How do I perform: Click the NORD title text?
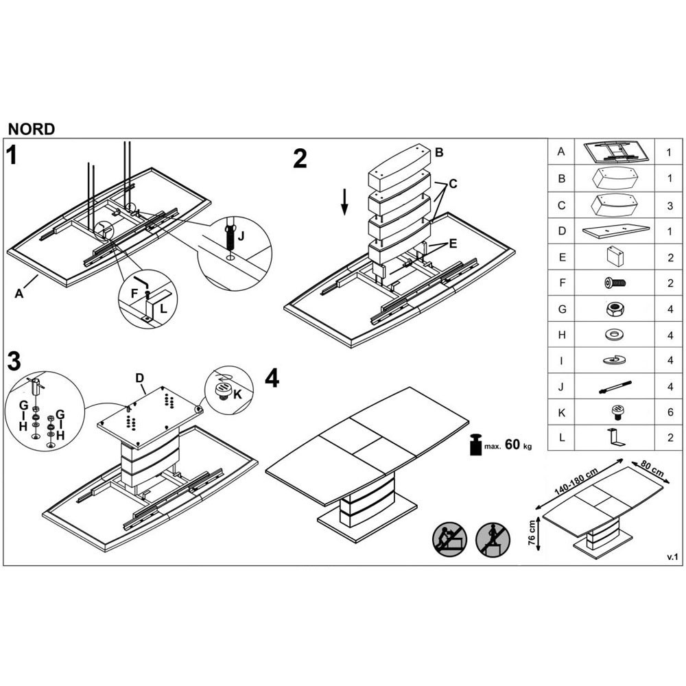pyautogui.click(x=32, y=129)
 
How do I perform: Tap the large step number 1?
pyautogui.click(x=12, y=155)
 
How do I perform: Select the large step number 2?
pyautogui.click(x=300, y=159)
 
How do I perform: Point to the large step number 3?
pyautogui.click(x=14, y=362)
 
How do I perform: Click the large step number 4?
pyautogui.click(x=272, y=378)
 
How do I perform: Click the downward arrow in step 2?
pyautogui.click(x=345, y=202)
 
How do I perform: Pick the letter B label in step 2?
pyautogui.click(x=439, y=152)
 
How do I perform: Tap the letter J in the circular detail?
pyautogui.click(x=241, y=236)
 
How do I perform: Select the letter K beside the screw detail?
pyautogui.click(x=237, y=394)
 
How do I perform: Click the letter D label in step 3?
pyautogui.click(x=139, y=379)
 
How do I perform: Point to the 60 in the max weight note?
pyautogui.click(x=512, y=445)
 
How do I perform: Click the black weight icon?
pyautogui.click(x=476, y=445)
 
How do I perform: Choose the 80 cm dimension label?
pyautogui.click(x=652, y=468)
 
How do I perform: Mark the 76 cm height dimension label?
pyautogui.click(x=532, y=532)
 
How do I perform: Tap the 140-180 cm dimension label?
pyautogui.click(x=576, y=482)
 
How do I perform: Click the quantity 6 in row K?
pyautogui.click(x=670, y=412)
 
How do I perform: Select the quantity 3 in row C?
pyautogui.click(x=670, y=206)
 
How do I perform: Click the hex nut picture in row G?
pyautogui.click(x=615, y=309)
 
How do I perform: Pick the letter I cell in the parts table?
pyautogui.click(x=561, y=361)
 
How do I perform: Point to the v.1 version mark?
pyautogui.click(x=672, y=557)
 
